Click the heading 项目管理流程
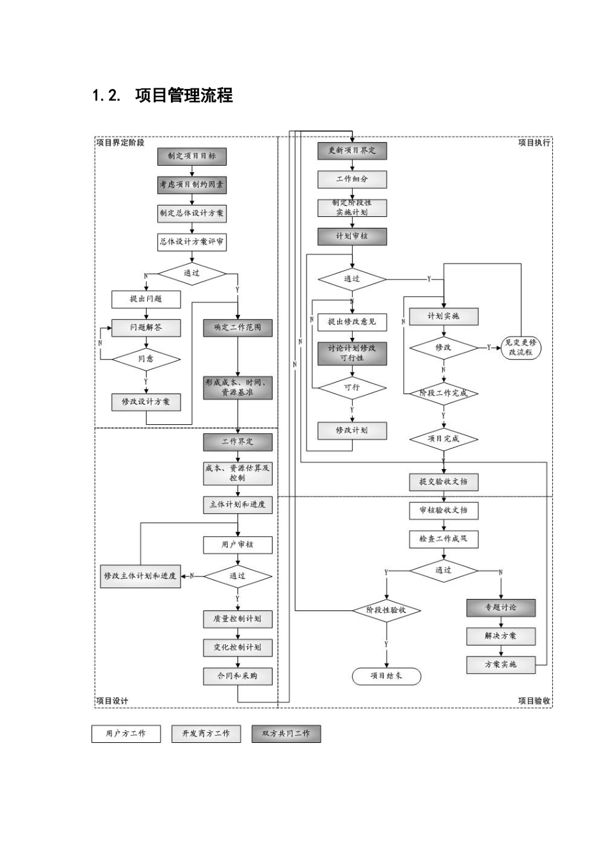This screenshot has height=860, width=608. (184, 95)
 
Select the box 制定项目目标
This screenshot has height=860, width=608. (191, 156)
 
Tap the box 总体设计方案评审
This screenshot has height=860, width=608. (191, 243)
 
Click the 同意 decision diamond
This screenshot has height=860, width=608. (146, 360)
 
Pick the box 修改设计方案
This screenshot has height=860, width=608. (146, 402)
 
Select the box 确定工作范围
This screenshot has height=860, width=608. (237, 328)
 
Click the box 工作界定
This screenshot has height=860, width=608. (237, 442)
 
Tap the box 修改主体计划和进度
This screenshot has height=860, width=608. (140, 576)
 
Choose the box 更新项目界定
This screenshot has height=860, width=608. (352, 151)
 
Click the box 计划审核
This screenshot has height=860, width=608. (352, 237)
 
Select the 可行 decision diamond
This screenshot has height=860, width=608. (352, 388)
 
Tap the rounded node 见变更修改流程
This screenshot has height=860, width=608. (521, 348)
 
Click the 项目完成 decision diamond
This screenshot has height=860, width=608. (444, 439)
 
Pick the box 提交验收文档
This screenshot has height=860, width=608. (444, 482)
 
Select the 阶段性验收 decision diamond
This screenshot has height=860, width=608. (387, 610)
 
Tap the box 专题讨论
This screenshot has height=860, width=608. (501, 607)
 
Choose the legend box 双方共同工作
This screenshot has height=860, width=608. (286, 733)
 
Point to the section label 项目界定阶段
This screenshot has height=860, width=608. (120, 143)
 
